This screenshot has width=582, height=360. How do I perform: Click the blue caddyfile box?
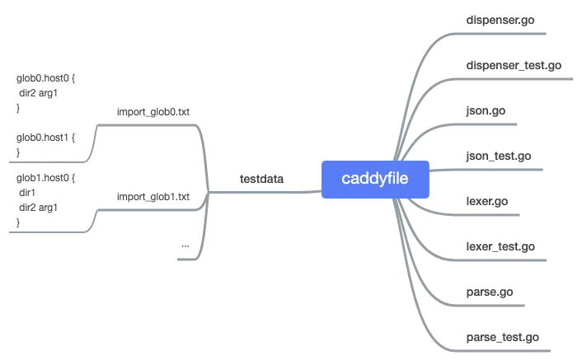tap(375, 177)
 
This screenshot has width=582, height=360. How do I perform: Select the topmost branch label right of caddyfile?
tap(500, 18)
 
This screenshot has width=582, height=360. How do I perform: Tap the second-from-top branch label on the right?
tap(514, 64)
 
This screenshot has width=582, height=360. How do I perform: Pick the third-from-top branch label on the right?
tap(485, 110)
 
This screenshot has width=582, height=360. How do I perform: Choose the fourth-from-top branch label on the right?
tap(498, 156)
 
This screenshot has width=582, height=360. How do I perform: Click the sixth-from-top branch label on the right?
tap(500, 246)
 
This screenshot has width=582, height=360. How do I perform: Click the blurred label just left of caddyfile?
tap(260, 177)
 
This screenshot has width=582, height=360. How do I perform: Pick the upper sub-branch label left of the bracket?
tap(152, 110)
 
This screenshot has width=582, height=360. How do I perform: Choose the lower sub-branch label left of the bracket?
tap(152, 198)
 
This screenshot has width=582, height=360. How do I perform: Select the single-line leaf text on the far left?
tap(46, 138)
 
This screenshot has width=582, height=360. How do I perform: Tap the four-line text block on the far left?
tap(46, 194)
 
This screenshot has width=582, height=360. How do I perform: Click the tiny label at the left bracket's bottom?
tap(183, 246)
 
